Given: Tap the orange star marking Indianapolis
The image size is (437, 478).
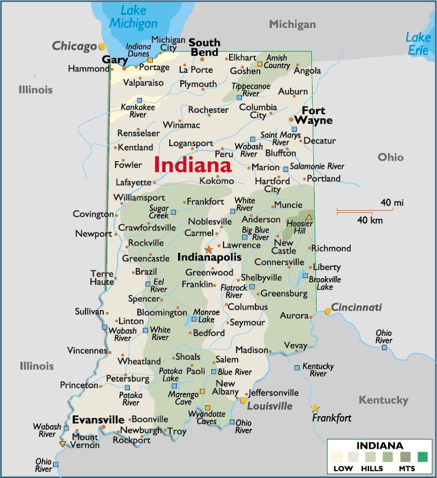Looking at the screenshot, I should (x=209, y=250).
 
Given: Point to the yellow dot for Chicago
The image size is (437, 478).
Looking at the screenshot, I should (x=102, y=46).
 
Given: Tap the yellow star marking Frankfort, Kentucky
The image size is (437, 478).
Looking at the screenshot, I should (x=315, y=408).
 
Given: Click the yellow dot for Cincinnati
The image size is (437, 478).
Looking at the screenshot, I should (x=328, y=311).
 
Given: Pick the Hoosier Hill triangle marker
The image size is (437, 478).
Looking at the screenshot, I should (x=309, y=218).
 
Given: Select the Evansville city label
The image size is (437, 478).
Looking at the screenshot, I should (x=98, y=419).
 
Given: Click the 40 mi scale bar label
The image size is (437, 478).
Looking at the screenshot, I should (x=392, y=203).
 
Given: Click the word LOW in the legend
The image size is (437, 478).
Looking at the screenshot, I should (x=343, y=468).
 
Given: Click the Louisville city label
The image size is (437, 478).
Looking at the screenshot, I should (x=269, y=406).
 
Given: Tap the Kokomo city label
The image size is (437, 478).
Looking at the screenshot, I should (x=216, y=181).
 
